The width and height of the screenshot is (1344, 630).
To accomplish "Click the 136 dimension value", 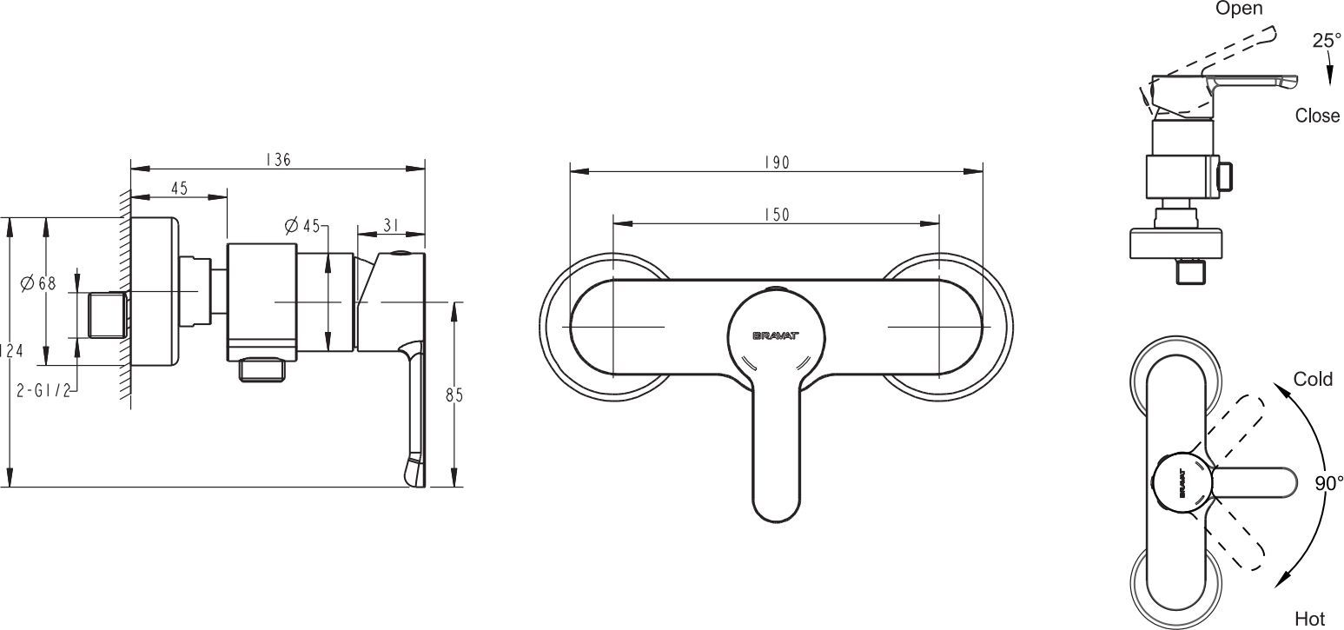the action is (278, 160).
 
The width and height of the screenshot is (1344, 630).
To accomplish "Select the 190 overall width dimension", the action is (777, 162).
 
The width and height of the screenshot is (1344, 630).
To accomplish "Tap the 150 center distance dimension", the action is (777, 215).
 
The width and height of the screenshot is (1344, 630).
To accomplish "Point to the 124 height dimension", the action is (12, 350).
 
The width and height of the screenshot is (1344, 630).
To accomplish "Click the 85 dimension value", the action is (454, 395).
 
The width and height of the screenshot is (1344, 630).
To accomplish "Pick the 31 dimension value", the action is (391, 225).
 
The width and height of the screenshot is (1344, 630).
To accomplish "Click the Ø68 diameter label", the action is (38, 283).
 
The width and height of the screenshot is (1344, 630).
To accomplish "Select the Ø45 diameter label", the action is (302, 226).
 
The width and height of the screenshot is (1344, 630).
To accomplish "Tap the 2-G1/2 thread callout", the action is (43, 391).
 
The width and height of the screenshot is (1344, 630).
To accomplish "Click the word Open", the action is (1239, 9).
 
